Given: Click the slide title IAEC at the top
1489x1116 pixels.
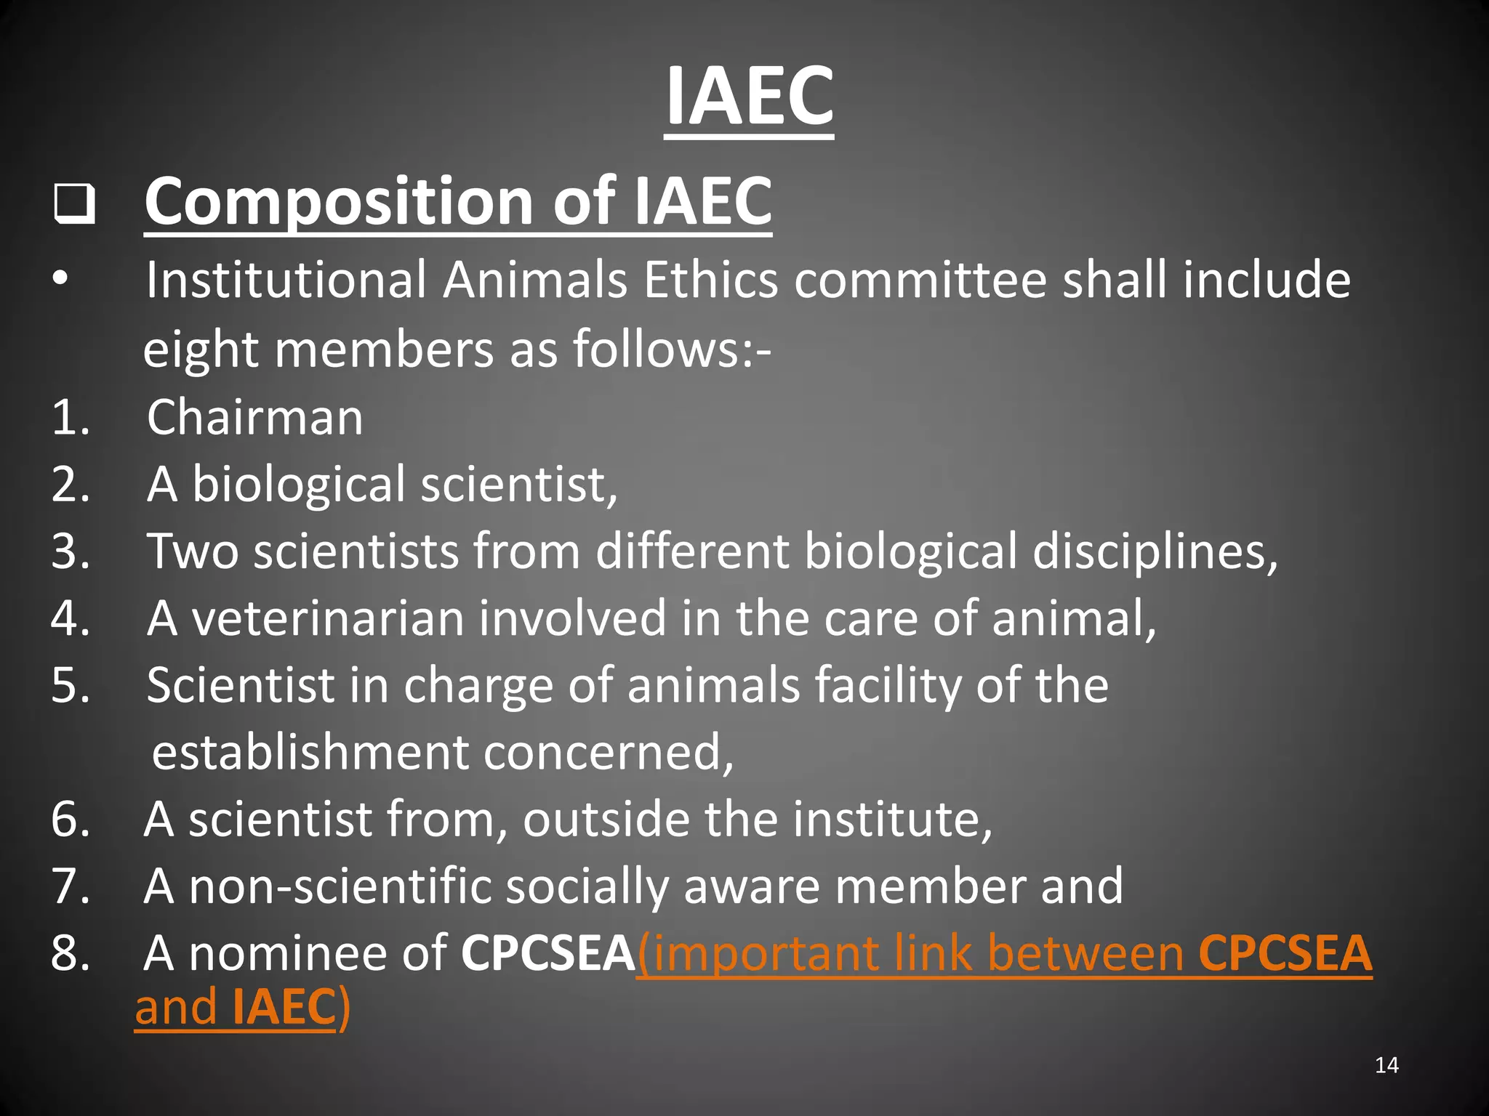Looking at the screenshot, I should (749, 97).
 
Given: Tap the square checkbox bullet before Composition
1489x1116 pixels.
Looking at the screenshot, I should (74, 204).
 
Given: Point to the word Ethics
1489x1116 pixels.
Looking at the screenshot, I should (710, 280).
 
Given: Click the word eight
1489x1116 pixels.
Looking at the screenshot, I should (201, 350).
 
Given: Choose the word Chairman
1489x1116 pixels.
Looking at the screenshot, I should (254, 418).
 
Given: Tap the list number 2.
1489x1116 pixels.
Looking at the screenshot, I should (70, 485).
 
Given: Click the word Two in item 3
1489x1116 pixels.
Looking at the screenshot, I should (192, 551).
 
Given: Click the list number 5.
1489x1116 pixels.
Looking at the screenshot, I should (70, 685).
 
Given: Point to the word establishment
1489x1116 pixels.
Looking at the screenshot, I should (310, 752).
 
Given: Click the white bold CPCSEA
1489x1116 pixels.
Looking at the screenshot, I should (548, 953).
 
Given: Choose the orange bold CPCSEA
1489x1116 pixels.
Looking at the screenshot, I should (1285, 953).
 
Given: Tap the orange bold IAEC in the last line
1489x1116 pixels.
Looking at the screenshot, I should (284, 1007).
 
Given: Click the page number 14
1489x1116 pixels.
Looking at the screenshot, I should (1386, 1065).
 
